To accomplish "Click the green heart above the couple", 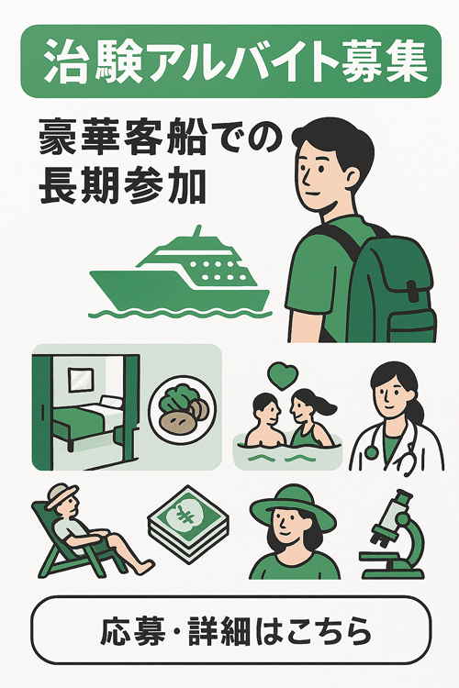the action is pyautogui.click(x=284, y=376).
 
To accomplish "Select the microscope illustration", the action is pyautogui.click(x=392, y=535).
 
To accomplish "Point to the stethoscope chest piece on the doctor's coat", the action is pyautogui.click(x=372, y=452).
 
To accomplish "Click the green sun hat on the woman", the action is pyautogui.click(x=294, y=505).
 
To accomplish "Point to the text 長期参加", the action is pyautogui.click(x=123, y=186).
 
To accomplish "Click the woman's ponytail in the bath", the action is pyautogui.click(x=324, y=403).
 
